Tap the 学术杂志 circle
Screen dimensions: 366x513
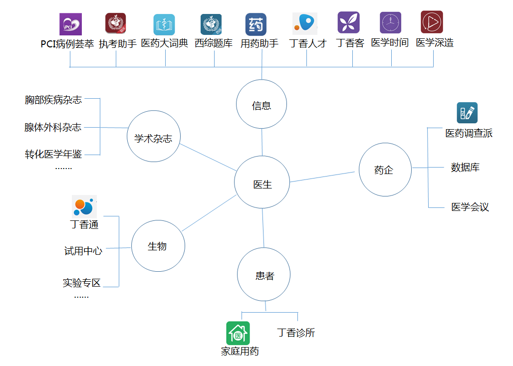coord(153,136)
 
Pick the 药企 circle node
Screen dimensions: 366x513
coord(385,170)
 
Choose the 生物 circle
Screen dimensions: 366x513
coord(158,245)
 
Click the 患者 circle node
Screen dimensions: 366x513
coord(264,275)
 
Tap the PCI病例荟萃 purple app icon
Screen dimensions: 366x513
coord(70,24)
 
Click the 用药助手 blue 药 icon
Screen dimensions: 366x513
coord(256,24)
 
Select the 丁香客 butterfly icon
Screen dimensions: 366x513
coord(348,23)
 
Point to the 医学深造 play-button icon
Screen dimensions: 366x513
coord(432,22)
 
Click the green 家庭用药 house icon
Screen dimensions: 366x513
coord(238,333)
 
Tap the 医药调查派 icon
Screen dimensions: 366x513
coord(467,113)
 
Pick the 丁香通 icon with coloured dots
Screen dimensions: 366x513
coord(84,206)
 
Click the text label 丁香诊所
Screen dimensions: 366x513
coord(296,333)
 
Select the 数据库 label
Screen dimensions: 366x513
coord(465,168)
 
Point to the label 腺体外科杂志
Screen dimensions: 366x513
coord(53,127)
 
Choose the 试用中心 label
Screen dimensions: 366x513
coord(83,251)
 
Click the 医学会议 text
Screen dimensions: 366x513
coord(470,207)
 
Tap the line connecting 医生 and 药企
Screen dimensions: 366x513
coord(323,177)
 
